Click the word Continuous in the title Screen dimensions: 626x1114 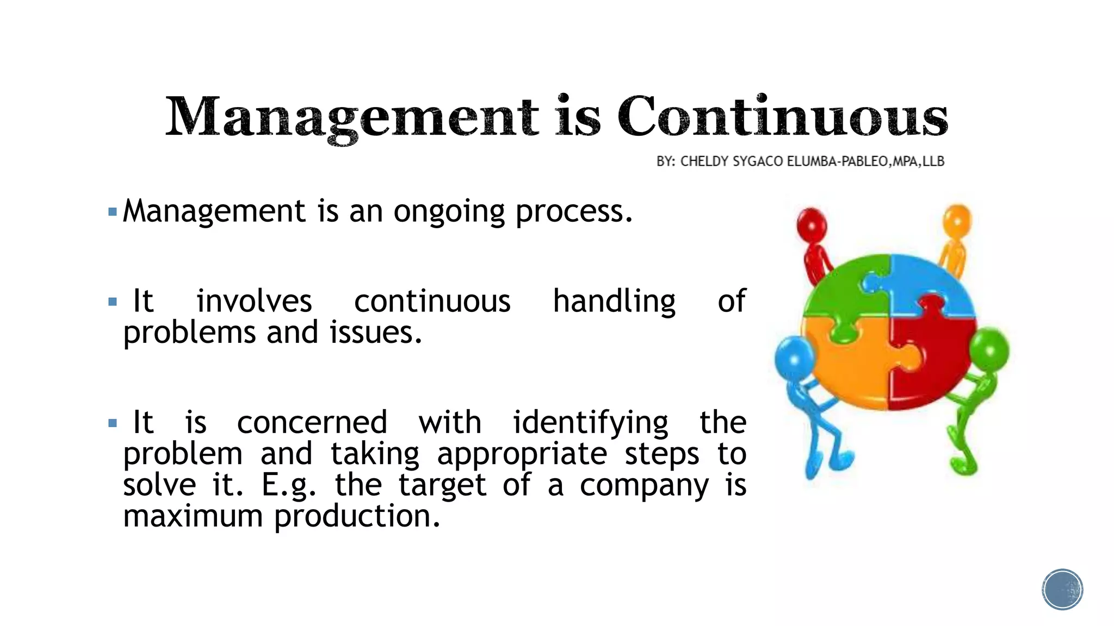(782, 116)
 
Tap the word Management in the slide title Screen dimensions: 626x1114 (352, 117)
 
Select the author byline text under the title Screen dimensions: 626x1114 (800, 161)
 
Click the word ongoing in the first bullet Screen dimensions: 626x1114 (449, 211)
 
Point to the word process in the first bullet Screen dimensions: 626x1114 (574, 211)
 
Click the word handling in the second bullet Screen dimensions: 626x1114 (614, 302)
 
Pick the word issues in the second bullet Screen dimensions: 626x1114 (375, 333)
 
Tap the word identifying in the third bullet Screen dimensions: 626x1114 (591, 423)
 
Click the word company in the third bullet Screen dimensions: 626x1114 (644, 485)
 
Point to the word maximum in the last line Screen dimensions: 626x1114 (193, 516)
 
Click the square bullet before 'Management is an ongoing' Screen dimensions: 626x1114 (113, 211)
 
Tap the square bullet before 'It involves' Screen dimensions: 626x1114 (113, 302)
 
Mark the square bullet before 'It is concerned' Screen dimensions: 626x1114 (113, 423)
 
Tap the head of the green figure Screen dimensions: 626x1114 (989, 349)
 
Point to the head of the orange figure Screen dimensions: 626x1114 (957, 220)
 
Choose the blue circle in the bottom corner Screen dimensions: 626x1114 (1062, 590)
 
